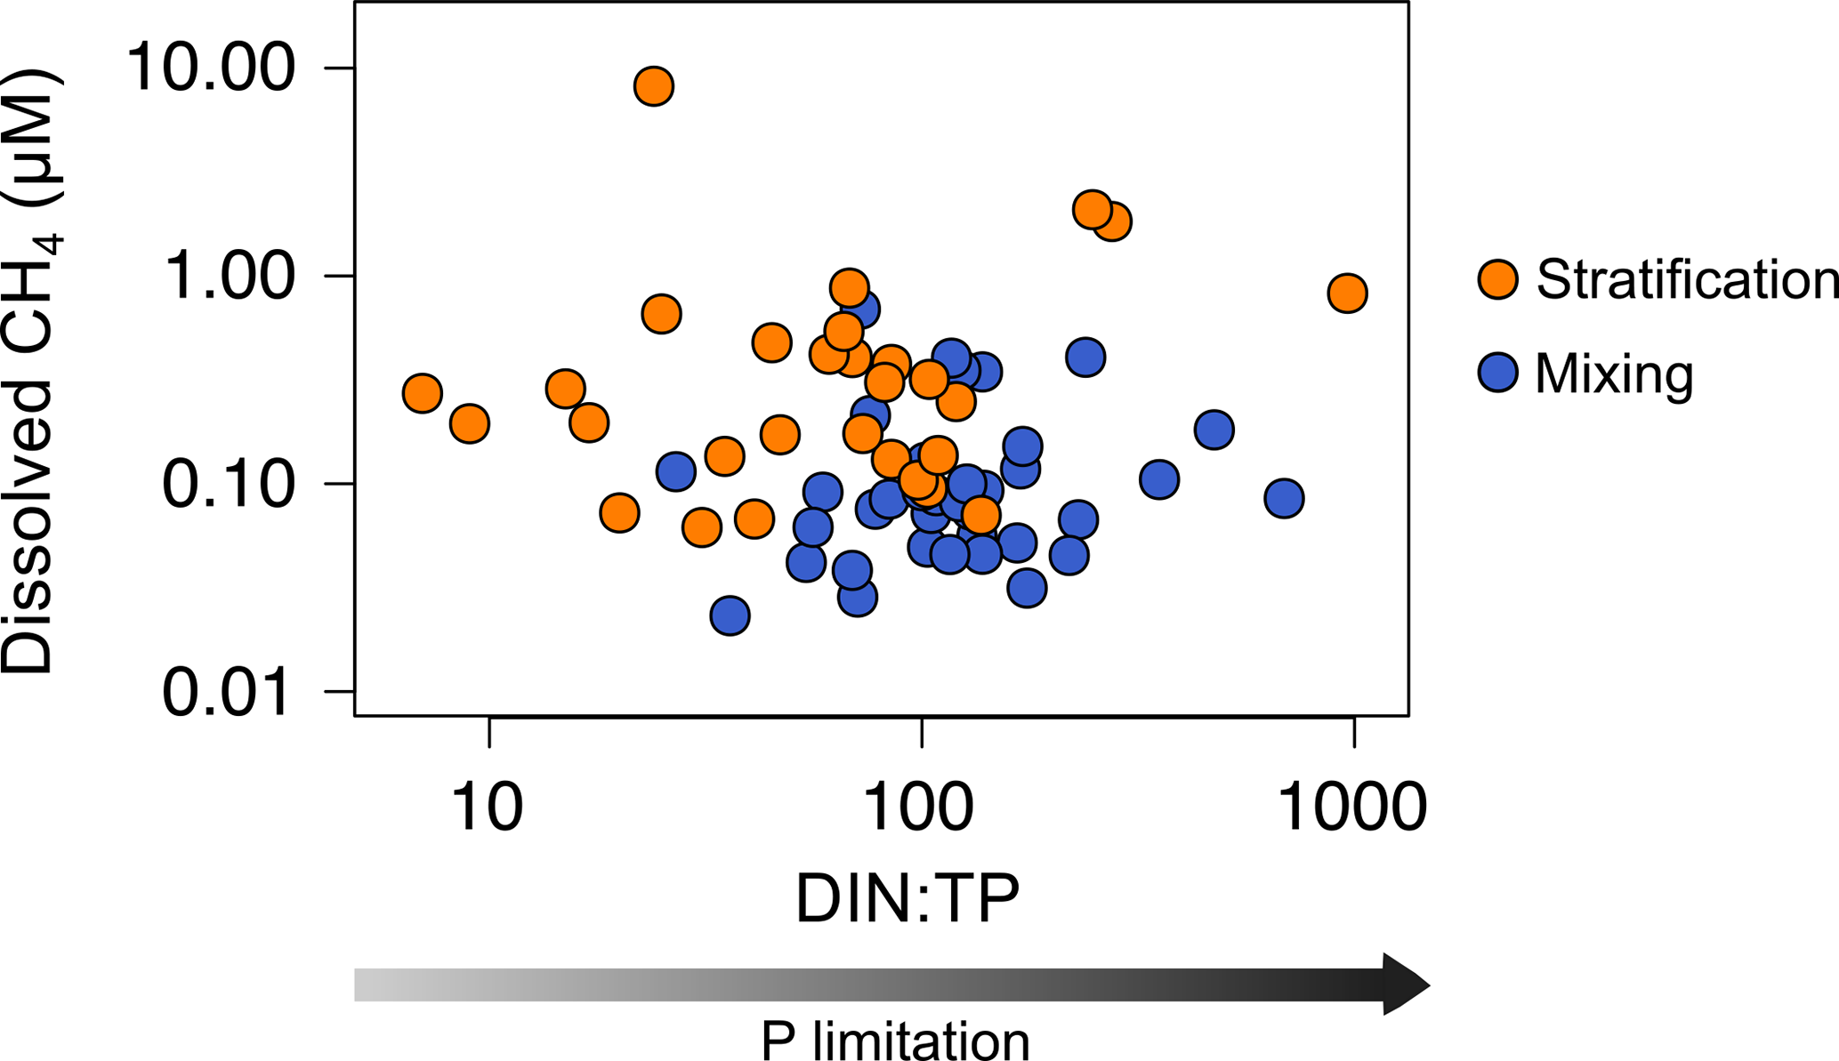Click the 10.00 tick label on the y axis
(x=210, y=68)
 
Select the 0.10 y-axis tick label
(x=228, y=484)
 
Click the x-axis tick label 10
(x=488, y=807)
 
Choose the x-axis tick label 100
(x=920, y=807)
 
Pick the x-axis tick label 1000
(x=1352, y=807)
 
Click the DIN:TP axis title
(x=907, y=899)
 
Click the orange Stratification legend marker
(x=1498, y=279)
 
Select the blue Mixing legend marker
(x=1498, y=373)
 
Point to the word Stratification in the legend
(x=1687, y=279)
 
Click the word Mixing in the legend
(x=1614, y=374)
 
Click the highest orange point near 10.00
(x=654, y=86)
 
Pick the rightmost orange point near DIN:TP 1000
(x=1348, y=293)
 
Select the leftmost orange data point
(x=423, y=393)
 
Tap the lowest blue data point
(x=730, y=615)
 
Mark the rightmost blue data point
(x=1284, y=498)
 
